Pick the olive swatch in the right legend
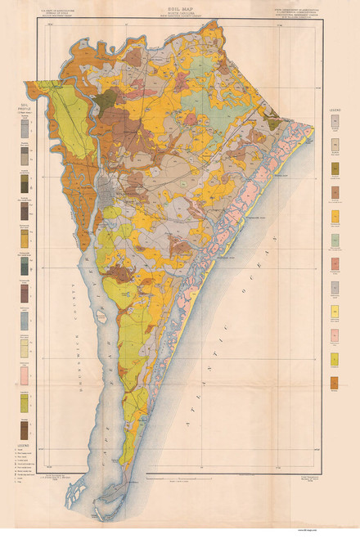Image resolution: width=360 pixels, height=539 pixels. (335, 168)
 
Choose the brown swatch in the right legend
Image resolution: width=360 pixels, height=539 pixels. (335, 193)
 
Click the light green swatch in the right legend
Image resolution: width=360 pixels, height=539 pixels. (335, 240)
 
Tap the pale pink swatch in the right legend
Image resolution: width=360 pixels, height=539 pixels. (335, 335)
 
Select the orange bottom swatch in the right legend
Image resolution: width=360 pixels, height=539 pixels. (335, 383)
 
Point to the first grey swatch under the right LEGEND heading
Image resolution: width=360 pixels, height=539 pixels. (335, 122)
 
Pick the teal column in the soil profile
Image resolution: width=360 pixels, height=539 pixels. (24, 265)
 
